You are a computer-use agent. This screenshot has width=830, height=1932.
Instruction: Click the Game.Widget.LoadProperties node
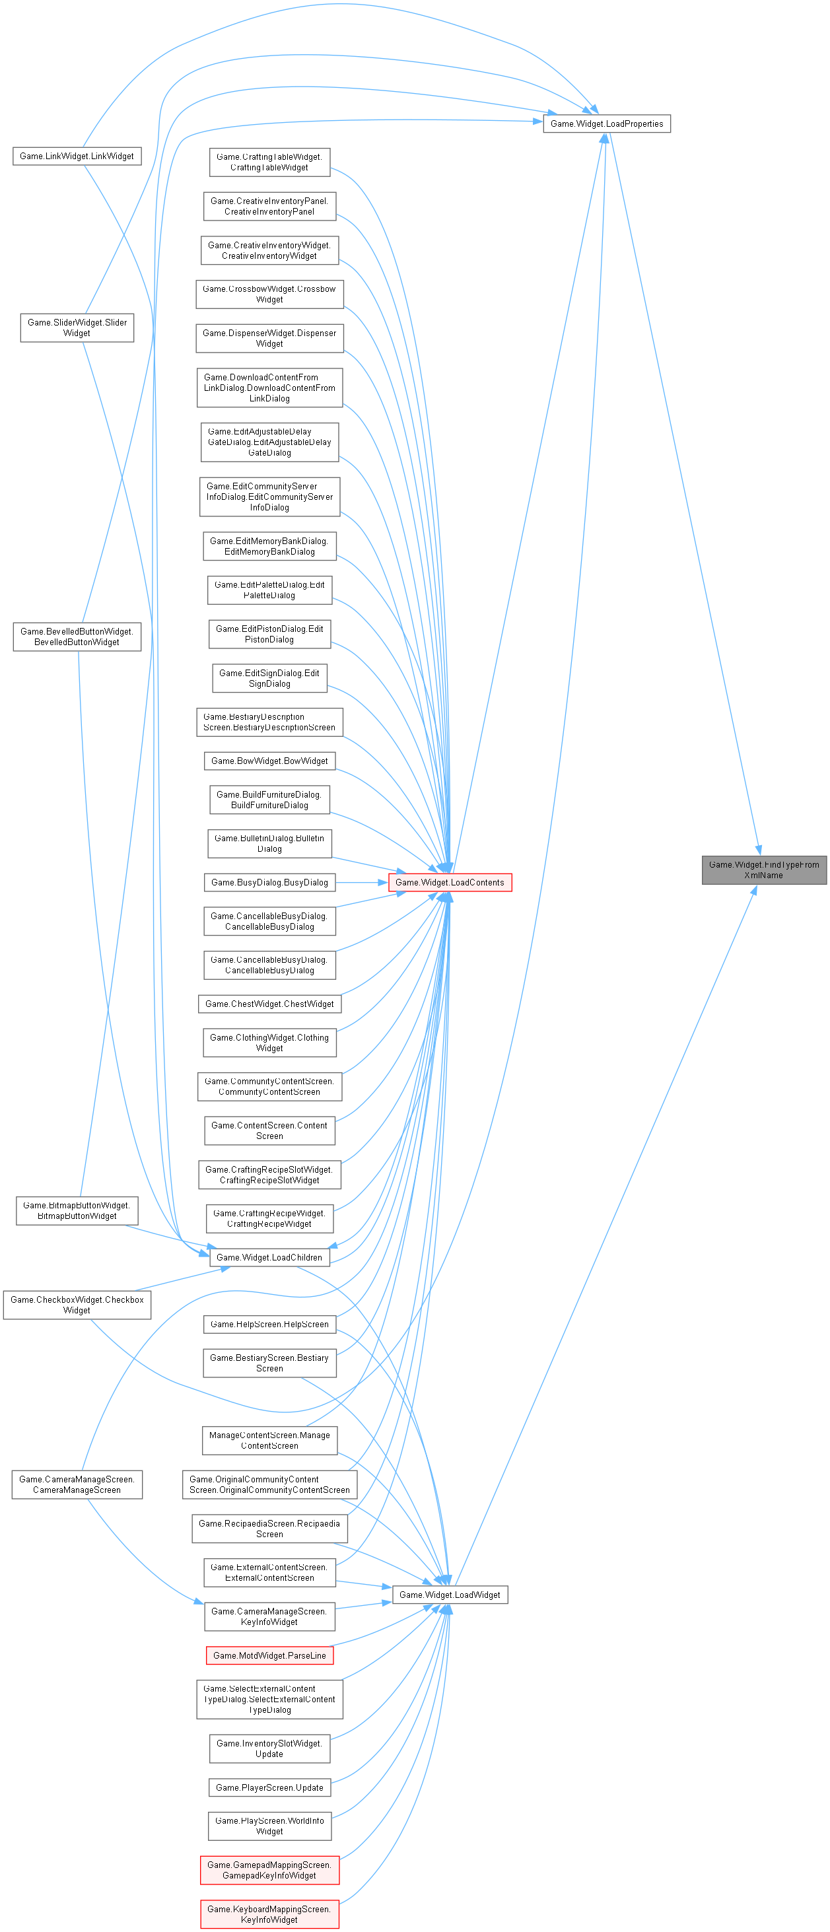click(607, 123)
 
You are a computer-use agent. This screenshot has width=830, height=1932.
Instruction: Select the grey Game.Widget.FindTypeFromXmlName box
click(763, 870)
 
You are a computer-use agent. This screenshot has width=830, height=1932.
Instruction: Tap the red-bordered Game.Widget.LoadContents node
click(450, 883)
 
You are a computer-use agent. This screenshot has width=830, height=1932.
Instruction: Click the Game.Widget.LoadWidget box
click(450, 1595)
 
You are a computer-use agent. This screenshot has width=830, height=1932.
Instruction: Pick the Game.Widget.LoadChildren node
click(269, 1258)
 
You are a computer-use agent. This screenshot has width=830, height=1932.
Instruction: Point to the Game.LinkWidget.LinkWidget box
click(77, 156)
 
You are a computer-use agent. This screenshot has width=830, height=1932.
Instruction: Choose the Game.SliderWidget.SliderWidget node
click(77, 328)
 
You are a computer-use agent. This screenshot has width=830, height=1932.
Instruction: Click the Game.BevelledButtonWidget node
click(77, 637)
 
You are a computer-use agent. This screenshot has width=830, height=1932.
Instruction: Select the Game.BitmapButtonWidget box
click(77, 1210)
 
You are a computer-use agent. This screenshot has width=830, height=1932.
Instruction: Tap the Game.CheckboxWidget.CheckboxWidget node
click(77, 1305)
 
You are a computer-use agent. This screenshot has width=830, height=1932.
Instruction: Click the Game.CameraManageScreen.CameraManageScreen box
click(77, 1484)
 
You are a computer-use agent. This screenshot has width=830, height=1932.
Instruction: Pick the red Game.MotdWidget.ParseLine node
click(269, 1655)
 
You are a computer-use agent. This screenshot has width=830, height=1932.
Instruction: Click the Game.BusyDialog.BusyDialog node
click(269, 883)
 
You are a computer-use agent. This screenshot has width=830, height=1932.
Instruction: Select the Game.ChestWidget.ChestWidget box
click(269, 1004)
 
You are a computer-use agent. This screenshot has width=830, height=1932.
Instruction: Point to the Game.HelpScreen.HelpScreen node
click(269, 1325)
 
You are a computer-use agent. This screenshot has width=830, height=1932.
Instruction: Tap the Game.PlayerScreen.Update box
click(269, 1787)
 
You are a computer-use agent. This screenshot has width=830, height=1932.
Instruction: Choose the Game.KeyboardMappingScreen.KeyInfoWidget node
click(269, 1914)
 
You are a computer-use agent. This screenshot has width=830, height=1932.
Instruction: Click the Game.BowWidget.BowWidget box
click(269, 761)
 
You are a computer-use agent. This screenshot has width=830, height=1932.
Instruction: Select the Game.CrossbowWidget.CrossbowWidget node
click(269, 294)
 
